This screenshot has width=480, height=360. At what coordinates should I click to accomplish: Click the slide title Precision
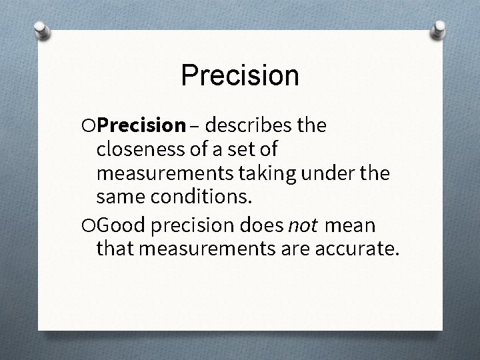pyautogui.click(x=239, y=75)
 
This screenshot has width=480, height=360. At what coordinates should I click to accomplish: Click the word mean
pyautogui.click(x=351, y=226)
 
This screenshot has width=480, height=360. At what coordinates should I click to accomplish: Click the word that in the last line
pyautogui.click(x=114, y=250)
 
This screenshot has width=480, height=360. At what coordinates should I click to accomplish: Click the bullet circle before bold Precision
pyautogui.click(x=91, y=126)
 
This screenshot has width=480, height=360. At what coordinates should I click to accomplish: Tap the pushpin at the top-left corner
pyautogui.click(x=41, y=31)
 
